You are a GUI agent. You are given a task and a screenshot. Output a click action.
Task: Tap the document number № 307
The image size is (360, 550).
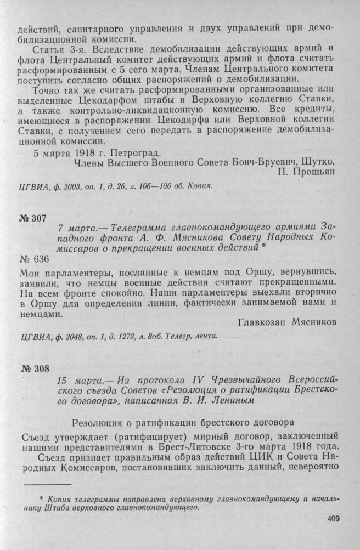33,218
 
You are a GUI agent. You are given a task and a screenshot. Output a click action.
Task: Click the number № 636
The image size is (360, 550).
34,259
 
